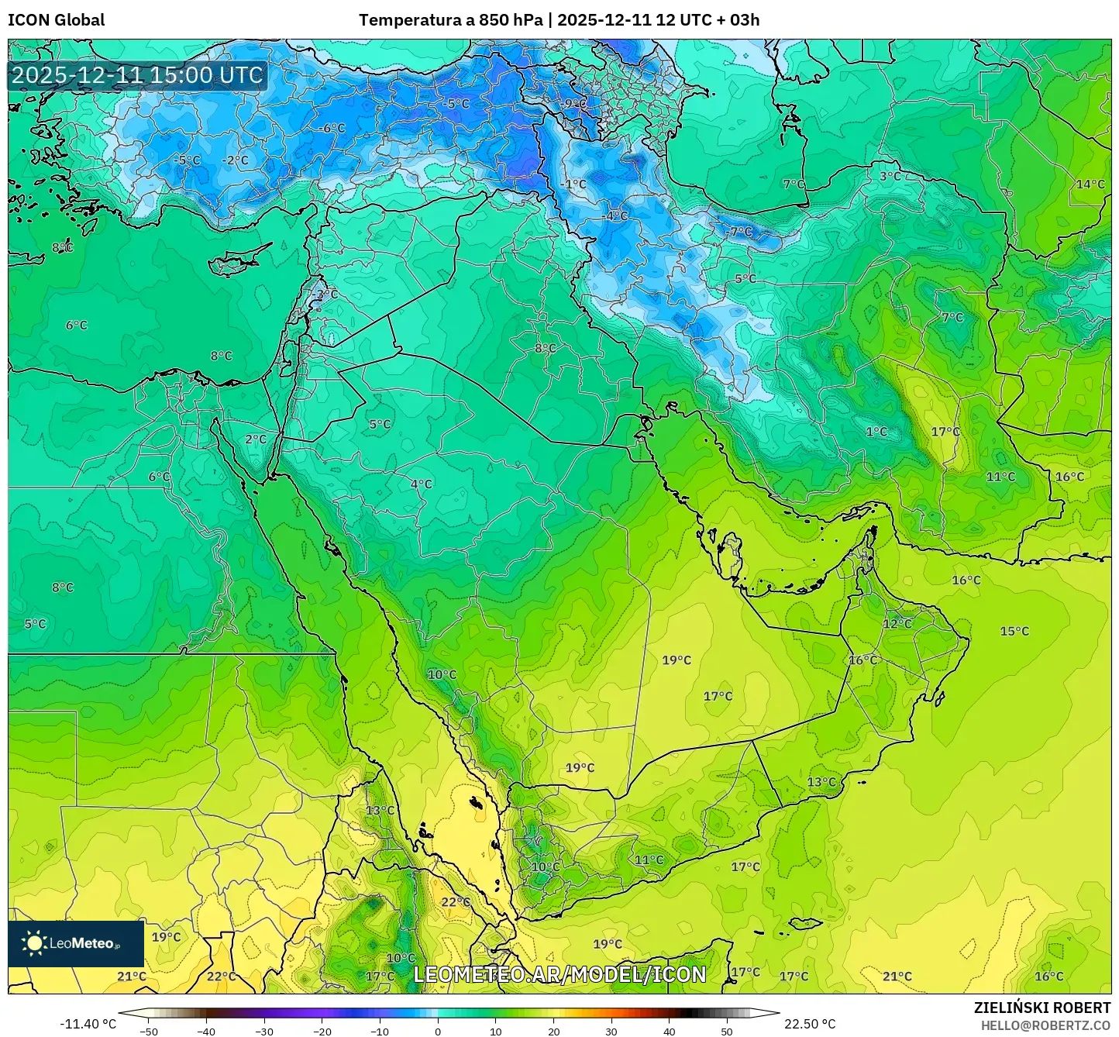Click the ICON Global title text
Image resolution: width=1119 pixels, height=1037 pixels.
pos(56,20)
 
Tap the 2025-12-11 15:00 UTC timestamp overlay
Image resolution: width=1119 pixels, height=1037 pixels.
pos(137,75)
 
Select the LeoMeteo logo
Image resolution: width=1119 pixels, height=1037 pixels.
pos(75,943)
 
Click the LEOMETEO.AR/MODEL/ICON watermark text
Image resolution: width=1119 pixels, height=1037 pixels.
pos(559,974)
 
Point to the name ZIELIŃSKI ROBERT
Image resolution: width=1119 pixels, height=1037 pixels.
pos(1042,1008)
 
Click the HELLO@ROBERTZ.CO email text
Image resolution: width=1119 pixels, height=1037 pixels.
pos(1045,1025)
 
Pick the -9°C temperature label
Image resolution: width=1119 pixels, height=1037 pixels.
pos(574,103)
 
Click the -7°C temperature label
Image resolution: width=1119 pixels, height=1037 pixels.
pos(740,232)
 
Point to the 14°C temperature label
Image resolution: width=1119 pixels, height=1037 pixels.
pos(1090,184)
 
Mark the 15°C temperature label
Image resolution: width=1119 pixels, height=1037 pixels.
pos(1014,631)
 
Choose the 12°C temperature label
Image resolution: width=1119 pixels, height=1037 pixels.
pos(897,623)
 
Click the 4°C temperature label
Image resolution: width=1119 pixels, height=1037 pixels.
pos(421,484)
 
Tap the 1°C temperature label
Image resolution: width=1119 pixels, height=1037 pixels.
pos(876,432)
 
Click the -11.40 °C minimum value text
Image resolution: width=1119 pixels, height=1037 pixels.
pos(88,1024)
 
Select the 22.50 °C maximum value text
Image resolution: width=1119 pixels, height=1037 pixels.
pos(809,1024)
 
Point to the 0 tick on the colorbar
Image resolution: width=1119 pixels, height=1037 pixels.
pos(438,1032)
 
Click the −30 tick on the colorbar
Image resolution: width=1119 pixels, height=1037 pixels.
pos(264,1032)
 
